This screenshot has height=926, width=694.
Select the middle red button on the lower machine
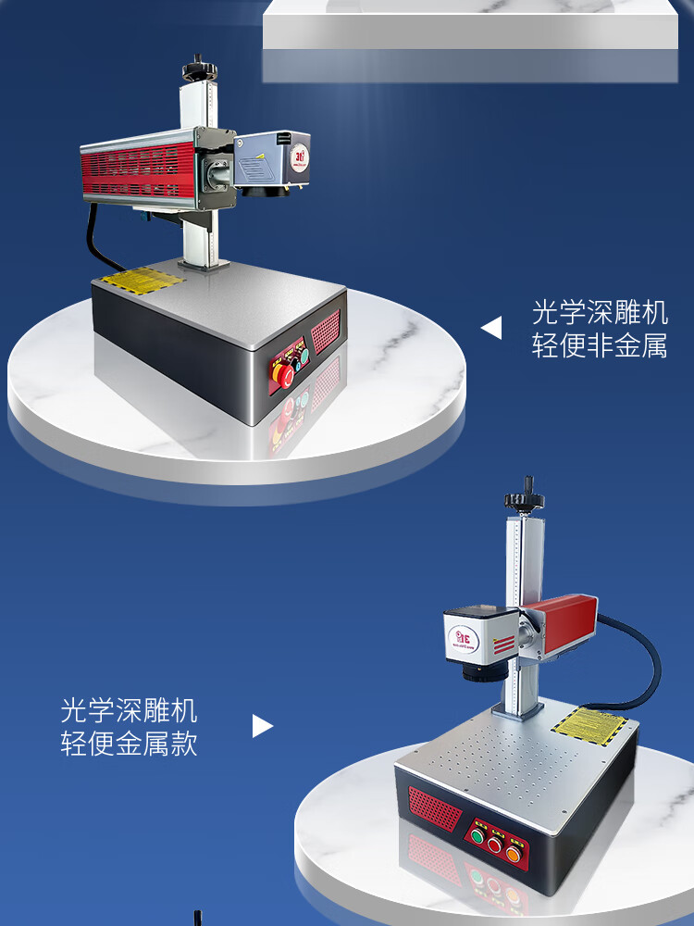tap(496, 845)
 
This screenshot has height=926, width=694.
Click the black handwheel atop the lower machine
tap(524, 498)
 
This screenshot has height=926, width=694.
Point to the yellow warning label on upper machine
tap(140, 279)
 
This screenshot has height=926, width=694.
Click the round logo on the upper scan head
tap(300, 155)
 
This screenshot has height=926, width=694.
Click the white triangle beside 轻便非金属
tap(491, 328)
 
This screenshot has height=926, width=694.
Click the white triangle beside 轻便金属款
tap(262, 725)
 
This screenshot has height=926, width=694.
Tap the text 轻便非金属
tap(600, 346)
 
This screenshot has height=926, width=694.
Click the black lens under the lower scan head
tap(480, 674)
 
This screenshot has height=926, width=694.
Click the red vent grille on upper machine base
tap(326, 332)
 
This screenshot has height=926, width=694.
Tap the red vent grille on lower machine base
tap(434, 807)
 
